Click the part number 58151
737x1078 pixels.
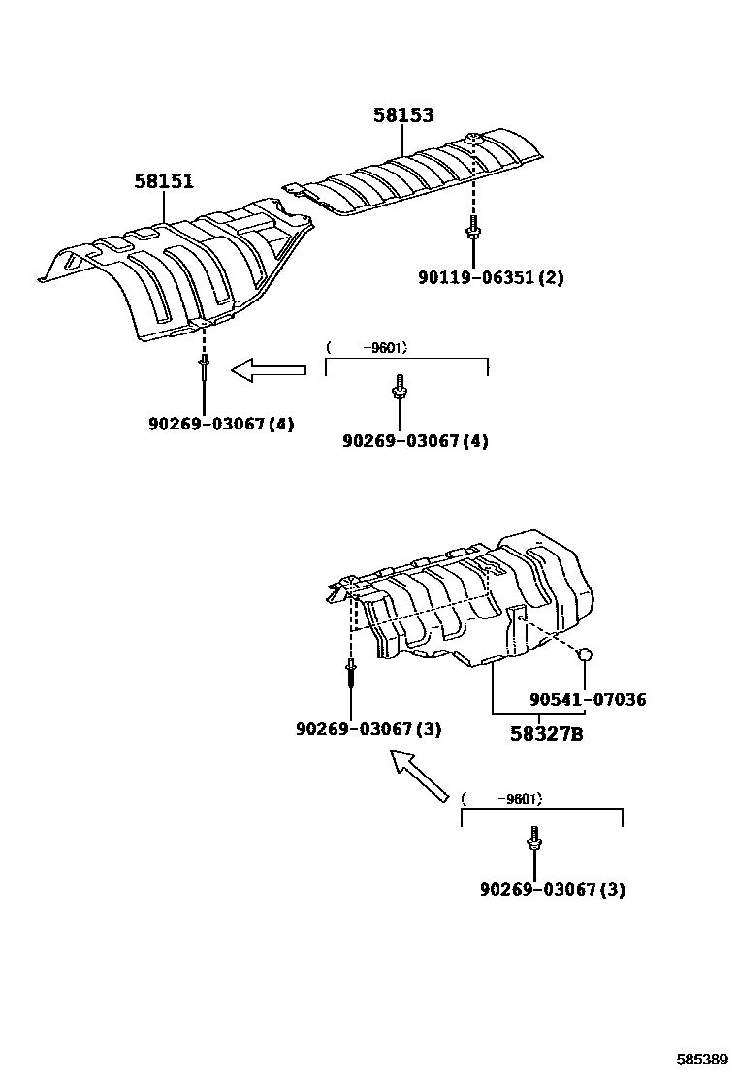(163, 181)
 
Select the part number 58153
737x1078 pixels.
(403, 115)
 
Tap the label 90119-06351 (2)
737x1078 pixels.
(491, 278)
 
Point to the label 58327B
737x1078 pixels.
(547, 734)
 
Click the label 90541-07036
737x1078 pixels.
(588, 700)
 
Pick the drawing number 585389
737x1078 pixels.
(701, 1060)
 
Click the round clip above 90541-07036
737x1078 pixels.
(586, 655)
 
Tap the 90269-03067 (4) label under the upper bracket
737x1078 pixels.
(415, 442)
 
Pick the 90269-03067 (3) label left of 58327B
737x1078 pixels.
(368, 729)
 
